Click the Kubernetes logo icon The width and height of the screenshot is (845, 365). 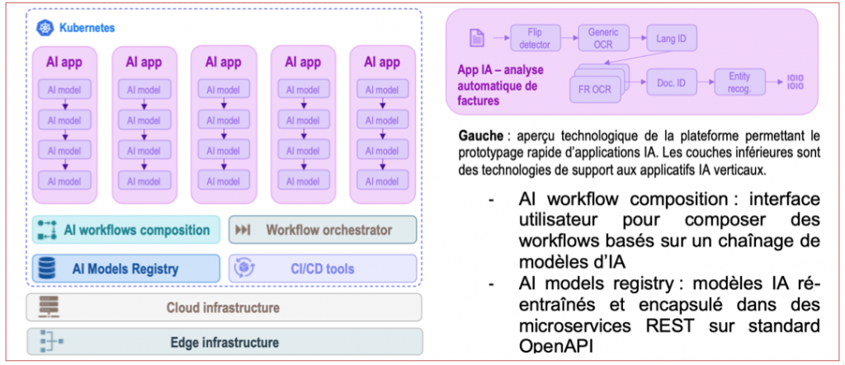[x=45, y=28]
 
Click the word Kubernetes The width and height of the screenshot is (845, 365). [x=87, y=28]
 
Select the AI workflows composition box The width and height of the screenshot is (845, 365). [x=126, y=230]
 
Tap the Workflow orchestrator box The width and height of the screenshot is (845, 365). [x=323, y=230]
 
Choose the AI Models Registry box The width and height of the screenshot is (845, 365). [x=126, y=268]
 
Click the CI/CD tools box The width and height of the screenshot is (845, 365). [x=323, y=268]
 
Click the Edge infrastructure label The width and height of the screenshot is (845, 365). [x=223, y=342]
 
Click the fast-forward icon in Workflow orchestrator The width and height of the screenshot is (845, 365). [x=243, y=230]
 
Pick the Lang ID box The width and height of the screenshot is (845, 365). [x=664, y=38]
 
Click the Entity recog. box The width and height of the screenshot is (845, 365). [x=739, y=81]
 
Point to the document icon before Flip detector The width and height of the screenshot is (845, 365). [x=475, y=37]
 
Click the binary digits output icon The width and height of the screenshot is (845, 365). [x=795, y=81]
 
